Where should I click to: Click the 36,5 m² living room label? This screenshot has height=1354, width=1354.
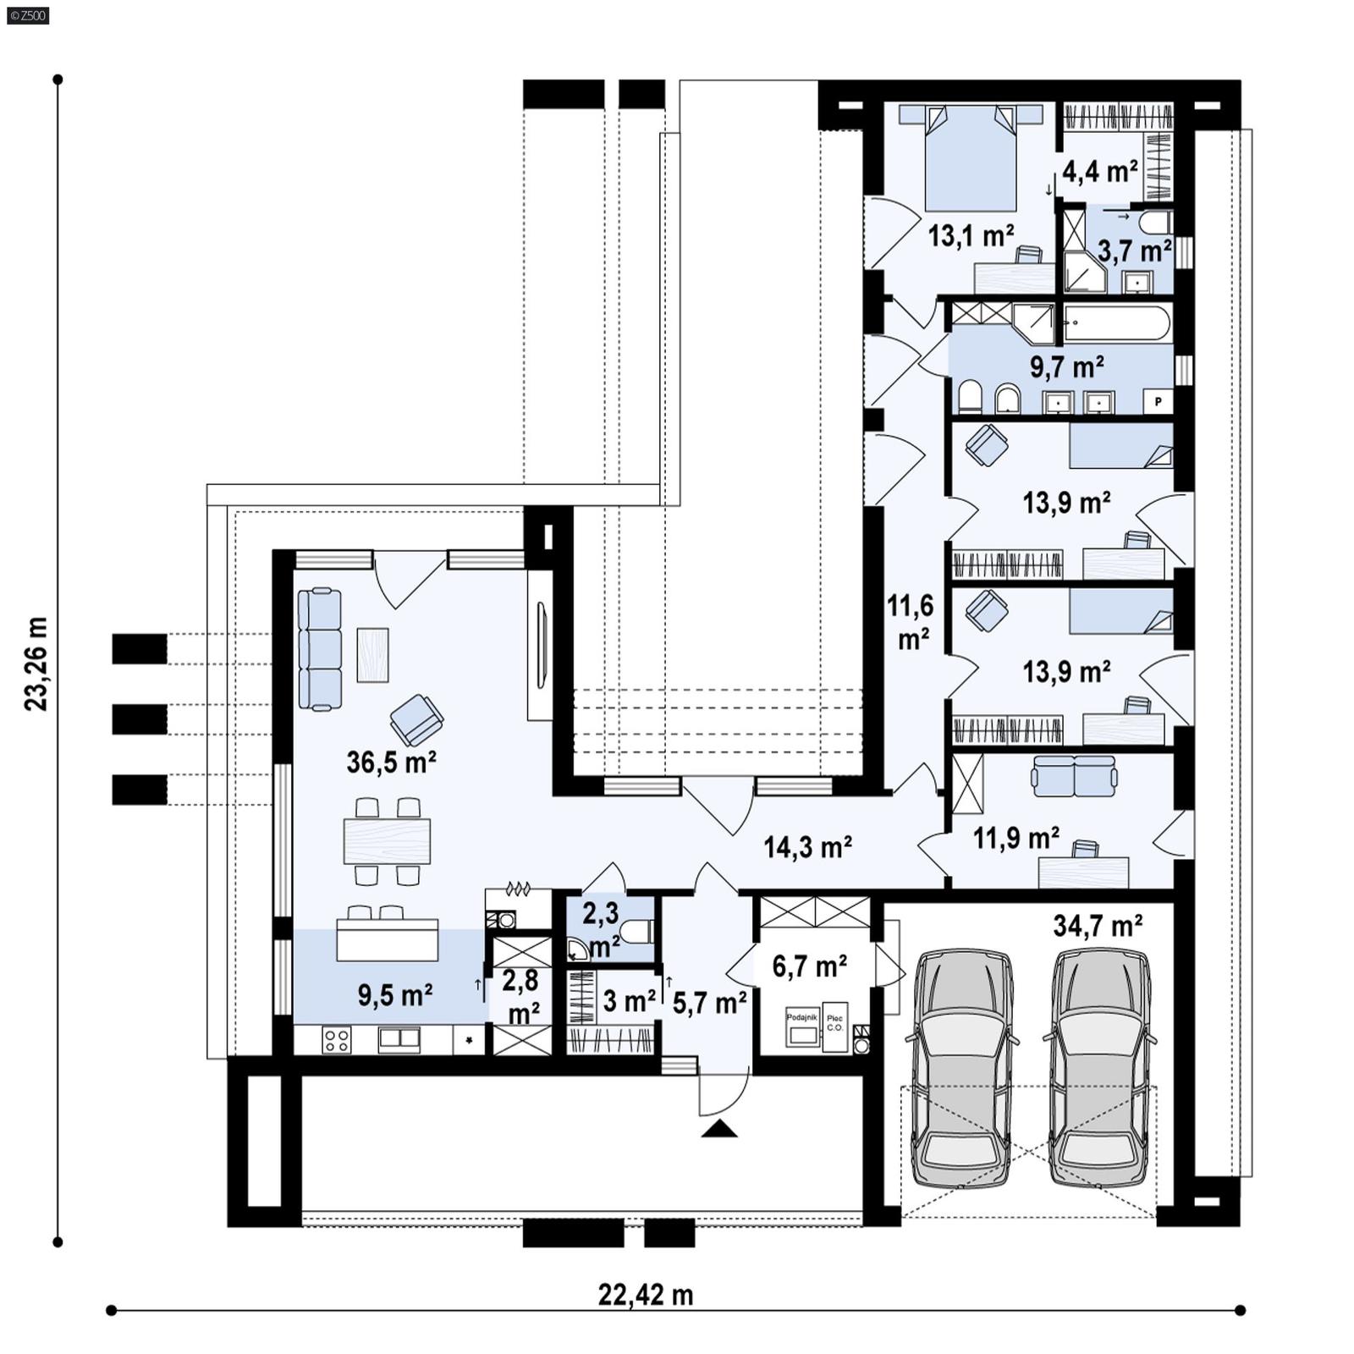(391, 762)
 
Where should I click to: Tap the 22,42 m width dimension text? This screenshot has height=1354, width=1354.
(646, 1295)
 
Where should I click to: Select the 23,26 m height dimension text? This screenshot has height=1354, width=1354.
(36, 663)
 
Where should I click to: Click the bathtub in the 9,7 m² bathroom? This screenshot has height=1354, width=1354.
(1117, 323)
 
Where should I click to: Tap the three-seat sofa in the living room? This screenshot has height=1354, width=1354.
(320, 649)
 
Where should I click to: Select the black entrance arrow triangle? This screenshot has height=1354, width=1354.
(719, 1128)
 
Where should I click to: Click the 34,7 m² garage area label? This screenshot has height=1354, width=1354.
(1098, 926)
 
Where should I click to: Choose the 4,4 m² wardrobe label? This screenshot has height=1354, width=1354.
(1099, 172)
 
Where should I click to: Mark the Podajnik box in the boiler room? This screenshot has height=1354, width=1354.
(802, 1027)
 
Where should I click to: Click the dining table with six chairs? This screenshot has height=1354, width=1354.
(387, 840)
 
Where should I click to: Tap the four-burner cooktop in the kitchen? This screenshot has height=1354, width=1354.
(336, 1040)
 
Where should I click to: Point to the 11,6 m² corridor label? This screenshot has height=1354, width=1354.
(911, 622)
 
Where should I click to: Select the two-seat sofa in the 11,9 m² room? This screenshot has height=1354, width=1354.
(1074, 776)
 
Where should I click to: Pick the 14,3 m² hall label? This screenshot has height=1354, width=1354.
(807, 846)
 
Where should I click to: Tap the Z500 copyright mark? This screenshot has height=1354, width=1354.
(27, 14)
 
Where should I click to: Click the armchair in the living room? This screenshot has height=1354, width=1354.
(416, 718)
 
